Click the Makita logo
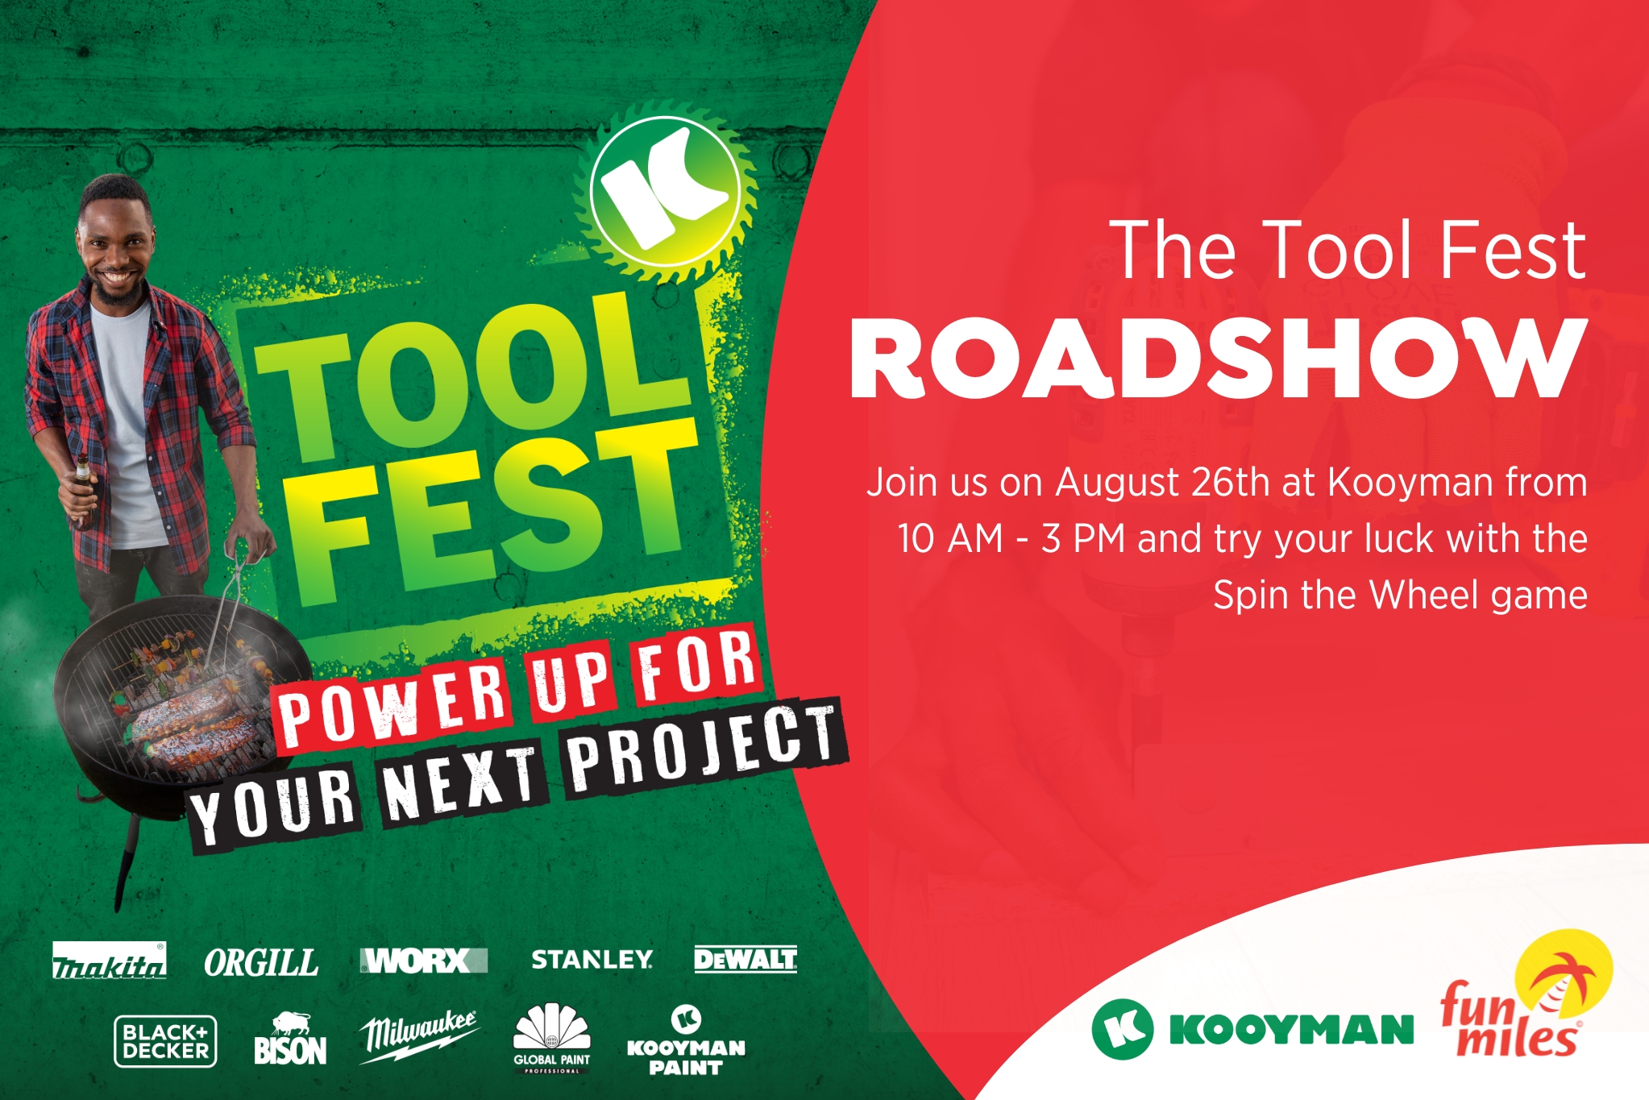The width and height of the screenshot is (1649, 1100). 110,960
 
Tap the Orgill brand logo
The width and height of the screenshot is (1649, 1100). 261,962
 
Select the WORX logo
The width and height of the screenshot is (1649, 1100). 424,961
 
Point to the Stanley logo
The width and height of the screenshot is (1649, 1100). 592,959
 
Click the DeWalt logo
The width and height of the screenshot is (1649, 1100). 746,959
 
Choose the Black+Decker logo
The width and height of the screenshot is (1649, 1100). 165,1041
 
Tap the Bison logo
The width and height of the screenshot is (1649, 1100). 290,1039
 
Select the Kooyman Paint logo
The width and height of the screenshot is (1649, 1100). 686,1040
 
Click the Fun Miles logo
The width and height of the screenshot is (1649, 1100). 1526,995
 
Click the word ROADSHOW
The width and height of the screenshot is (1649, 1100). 1219,358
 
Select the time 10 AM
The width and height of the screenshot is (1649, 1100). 950,538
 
